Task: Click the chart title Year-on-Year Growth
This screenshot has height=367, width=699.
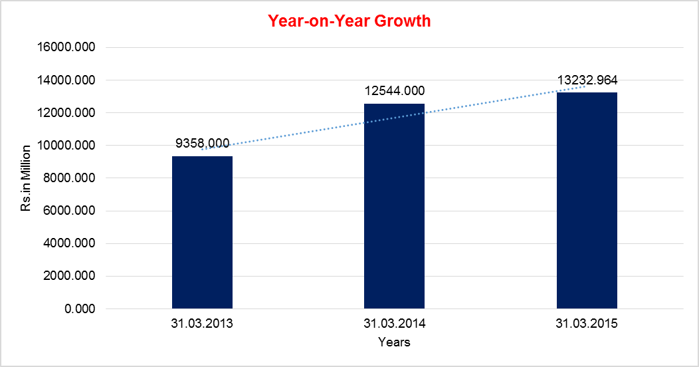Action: point(349,21)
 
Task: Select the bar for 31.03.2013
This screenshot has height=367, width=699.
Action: point(202,233)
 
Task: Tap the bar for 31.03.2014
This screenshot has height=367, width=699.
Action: point(394,206)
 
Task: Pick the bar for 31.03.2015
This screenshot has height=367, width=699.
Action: point(587,201)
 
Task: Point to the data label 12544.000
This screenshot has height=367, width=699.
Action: point(394,91)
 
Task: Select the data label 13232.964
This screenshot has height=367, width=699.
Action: point(587,80)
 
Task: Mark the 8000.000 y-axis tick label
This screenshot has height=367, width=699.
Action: point(71,178)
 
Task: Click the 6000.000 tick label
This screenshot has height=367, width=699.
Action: point(71,211)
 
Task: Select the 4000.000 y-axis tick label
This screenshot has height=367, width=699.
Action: point(71,244)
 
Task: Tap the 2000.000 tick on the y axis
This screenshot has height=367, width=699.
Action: point(71,277)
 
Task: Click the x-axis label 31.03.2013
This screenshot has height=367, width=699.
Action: point(202,324)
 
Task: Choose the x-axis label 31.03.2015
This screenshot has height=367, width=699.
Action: point(587,324)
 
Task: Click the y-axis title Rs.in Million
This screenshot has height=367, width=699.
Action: point(27,178)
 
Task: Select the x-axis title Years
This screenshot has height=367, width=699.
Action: point(394,343)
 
